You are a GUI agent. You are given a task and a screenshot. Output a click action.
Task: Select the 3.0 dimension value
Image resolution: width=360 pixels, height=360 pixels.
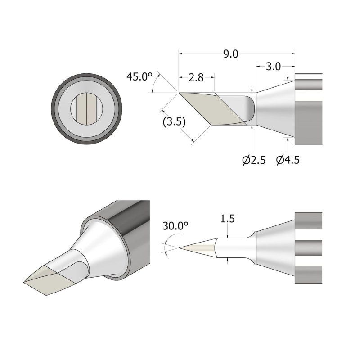pyautogui.click(x=273, y=67)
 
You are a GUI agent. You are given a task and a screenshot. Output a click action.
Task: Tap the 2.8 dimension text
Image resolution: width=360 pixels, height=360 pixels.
pyautogui.click(x=196, y=78)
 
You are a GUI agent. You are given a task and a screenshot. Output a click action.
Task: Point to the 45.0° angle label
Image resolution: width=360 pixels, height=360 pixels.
pyautogui.click(x=139, y=76)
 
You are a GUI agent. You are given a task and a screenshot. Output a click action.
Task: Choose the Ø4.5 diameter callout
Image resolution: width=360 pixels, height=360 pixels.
pyautogui.click(x=288, y=160)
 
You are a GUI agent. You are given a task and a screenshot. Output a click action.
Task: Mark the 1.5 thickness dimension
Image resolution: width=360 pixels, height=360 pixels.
pyautogui.click(x=228, y=219)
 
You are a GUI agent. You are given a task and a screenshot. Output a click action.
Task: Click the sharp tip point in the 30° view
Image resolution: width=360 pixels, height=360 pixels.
pyautogui.click(x=180, y=247)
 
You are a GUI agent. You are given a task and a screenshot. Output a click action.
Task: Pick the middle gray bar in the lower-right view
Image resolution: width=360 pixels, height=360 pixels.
pyautogui.click(x=308, y=247)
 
